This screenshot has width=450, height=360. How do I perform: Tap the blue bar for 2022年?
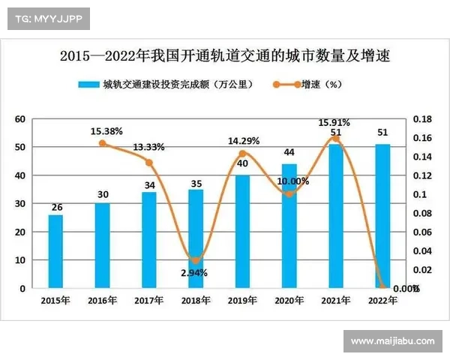tap(382, 216)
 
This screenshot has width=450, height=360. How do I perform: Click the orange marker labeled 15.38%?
tap(102, 143)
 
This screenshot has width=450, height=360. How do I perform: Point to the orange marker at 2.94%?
tap(195, 260)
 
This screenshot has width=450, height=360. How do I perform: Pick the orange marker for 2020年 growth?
tap(289, 194)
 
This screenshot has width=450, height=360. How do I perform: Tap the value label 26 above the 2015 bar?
tap(55, 207)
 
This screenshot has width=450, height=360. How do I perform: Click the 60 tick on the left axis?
tap(20, 119)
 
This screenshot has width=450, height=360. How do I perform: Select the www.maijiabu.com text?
tap(392, 341)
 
